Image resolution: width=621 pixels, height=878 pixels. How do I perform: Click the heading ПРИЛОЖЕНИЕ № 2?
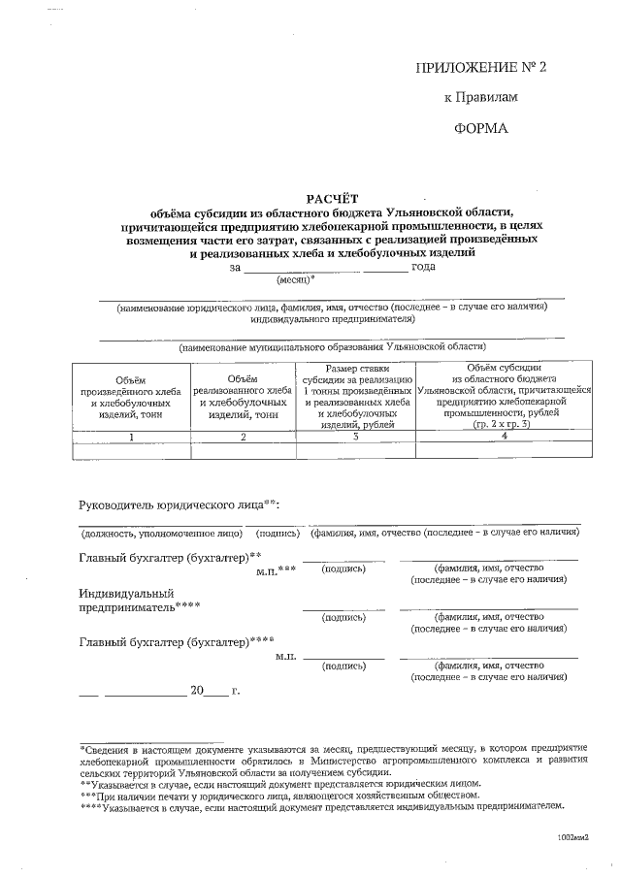pyautogui.click(x=481, y=67)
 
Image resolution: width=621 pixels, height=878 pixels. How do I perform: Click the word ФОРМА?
pyautogui.click(x=481, y=128)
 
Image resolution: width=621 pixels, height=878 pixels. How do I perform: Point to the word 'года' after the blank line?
pyautogui.click(x=423, y=267)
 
